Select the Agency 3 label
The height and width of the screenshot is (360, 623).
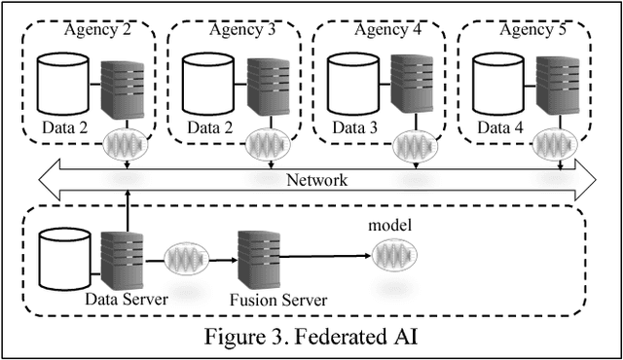[x=241, y=29]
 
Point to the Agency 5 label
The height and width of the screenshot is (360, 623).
[x=531, y=29]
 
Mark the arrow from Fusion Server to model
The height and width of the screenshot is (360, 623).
[x=321, y=257]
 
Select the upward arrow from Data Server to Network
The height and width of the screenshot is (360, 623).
[x=128, y=209]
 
